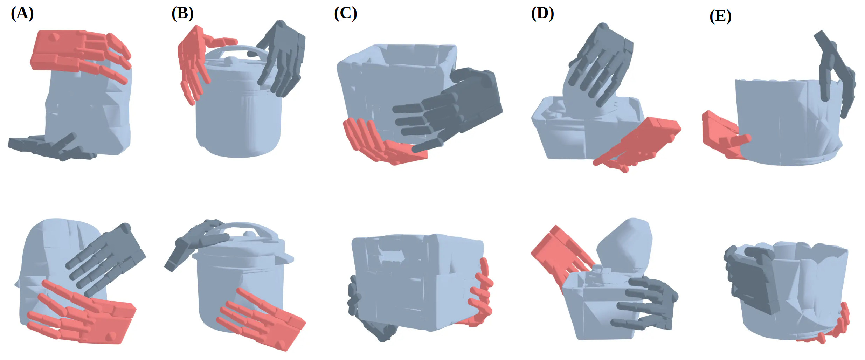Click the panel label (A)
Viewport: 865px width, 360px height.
[x=22, y=14]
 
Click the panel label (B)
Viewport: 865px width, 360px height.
[x=182, y=14]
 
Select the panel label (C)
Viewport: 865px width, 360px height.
[x=345, y=14]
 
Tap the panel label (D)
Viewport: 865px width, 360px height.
[x=542, y=14]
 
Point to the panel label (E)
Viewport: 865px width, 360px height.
[x=720, y=16]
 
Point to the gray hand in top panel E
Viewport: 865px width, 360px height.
[x=835, y=74]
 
